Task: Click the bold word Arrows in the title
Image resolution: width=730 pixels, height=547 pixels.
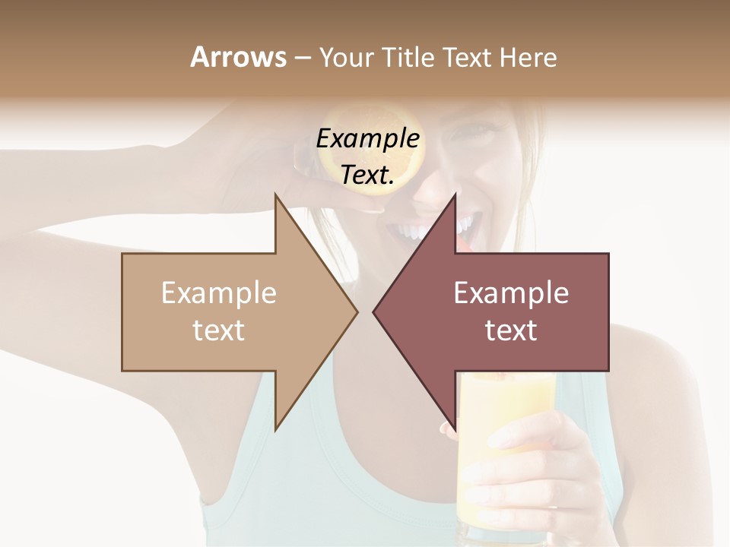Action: pos(239,57)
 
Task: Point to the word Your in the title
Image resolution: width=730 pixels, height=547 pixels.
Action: pos(345,58)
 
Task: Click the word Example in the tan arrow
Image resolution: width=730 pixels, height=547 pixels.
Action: pos(219,293)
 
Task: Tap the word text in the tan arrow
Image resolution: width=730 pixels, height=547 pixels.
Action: pos(219,330)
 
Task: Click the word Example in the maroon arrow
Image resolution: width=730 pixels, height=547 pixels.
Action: pos(511,293)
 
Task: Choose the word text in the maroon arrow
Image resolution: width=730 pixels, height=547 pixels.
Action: pos(511,330)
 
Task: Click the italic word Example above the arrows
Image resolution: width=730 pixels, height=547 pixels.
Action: pos(368,139)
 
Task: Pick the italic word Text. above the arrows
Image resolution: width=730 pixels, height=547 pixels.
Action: pos(368,175)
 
